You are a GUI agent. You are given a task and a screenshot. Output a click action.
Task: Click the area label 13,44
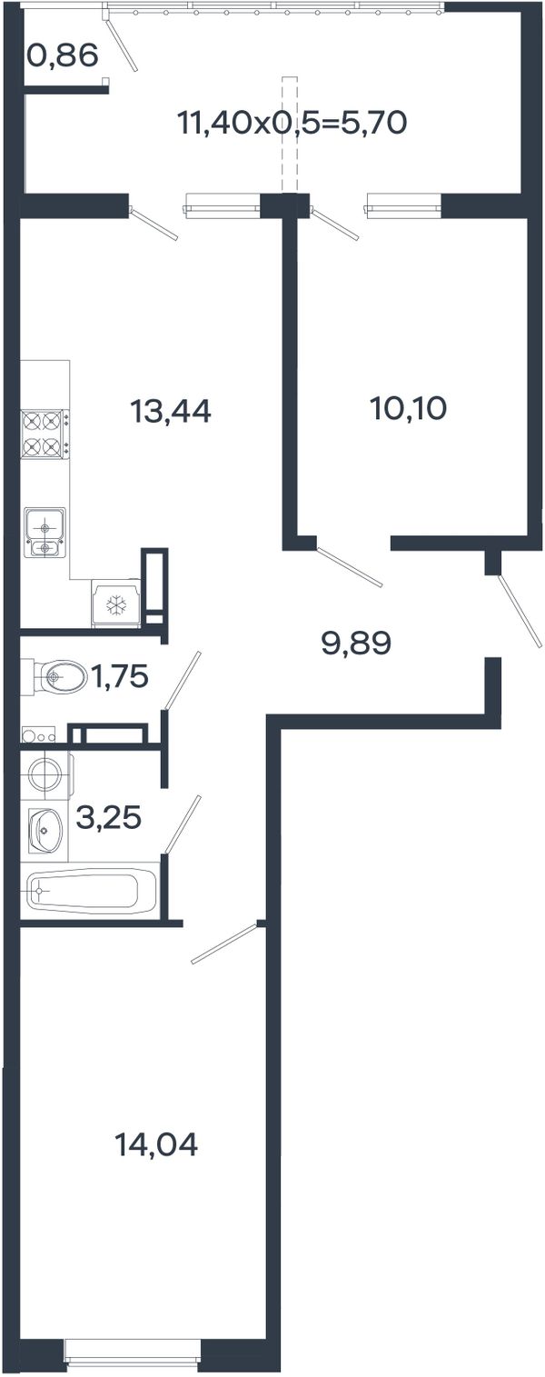(x=171, y=412)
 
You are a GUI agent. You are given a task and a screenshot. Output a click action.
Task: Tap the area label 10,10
(x=409, y=408)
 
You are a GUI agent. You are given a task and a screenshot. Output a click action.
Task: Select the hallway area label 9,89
(x=356, y=644)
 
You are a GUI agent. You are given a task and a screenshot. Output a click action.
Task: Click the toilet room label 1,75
(x=120, y=677)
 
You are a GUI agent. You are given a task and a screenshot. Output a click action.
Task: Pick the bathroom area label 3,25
(x=109, y=818)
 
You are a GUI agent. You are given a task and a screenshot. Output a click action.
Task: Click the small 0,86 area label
(x=64, y=56)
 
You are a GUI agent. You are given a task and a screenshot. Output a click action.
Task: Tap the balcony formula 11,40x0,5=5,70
(x=292, y=123)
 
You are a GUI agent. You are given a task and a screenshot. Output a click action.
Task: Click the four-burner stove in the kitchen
(x=45, y=434)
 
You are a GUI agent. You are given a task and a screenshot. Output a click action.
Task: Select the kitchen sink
(x=45, y=532)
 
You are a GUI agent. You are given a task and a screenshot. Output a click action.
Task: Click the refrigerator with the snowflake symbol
(x=116, y=603)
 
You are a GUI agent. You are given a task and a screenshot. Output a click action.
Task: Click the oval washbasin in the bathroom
(x=45, y=830)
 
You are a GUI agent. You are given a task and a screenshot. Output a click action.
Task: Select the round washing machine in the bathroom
(x=47, y=773)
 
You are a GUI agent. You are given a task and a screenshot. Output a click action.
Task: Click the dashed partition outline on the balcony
(x=290, y=134)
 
